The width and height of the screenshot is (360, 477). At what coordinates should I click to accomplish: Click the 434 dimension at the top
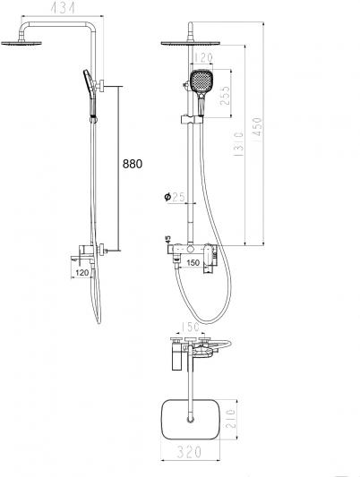pyautogui.click(x=63, y=9)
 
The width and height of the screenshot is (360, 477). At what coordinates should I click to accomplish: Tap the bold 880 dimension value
pyautogui.click(x=132, y=164)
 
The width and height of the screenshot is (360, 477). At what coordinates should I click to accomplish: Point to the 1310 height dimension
pyautogui.click(x=239, y=144)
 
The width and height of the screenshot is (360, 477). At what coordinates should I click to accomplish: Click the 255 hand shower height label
pyautogui.click(x=225, y=96)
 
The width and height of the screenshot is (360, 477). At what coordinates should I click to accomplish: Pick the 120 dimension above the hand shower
pyautogui.click(x=203, y=57)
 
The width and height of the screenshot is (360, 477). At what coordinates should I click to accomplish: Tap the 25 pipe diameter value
pyautogui.click(x=178, y=197)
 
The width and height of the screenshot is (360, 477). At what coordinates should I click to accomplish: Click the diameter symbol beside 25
pyautogui.click(x=167, y=197)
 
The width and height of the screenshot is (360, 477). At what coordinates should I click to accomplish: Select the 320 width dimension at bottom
pyautogui.click(x=189, y=452)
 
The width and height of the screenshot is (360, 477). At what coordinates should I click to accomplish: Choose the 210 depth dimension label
pyautogui.click(x=231, y=419)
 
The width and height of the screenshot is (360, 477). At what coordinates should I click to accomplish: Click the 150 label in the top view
pyautogui.click(x=190, y=328)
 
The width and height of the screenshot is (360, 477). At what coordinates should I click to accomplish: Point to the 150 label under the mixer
pyautogui.click(x=193, y=263)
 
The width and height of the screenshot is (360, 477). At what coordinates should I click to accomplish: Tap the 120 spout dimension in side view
pyautogui.click(x=81, y=273)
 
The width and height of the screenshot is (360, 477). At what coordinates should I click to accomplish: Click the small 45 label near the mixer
pyautogui.click(x=168, y=240)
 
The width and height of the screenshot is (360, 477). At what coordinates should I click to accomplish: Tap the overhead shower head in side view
pyautogui.click(x=21, y=44)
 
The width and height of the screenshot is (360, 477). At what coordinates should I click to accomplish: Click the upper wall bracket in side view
pyautogui.click(x=100, y=86)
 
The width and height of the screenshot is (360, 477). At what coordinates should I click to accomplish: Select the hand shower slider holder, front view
pyautogui.click(x=192, y=120)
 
